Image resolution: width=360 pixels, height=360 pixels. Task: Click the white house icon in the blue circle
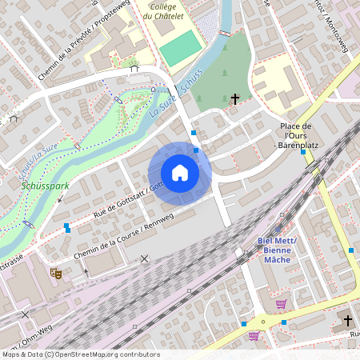tap(179, 173)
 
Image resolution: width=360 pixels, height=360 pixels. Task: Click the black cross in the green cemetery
tap(234, 99)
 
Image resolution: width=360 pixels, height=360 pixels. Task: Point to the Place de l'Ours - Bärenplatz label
tap(295, 136)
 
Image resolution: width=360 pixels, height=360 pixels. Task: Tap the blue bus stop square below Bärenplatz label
tap(303, 153)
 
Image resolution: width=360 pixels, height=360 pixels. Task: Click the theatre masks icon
tap(57, 273)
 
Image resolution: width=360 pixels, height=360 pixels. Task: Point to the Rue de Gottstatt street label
tap(120, 201)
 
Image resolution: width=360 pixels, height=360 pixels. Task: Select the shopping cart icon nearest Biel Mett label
tap(281, 304)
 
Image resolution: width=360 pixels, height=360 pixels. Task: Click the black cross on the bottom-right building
tap(347, 320)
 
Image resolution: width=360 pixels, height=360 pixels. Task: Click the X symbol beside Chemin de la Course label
tap(144, 258)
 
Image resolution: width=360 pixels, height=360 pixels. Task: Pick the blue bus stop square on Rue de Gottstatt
tap(67, 228)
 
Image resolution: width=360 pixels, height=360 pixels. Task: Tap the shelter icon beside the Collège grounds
tap(134, 69)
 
